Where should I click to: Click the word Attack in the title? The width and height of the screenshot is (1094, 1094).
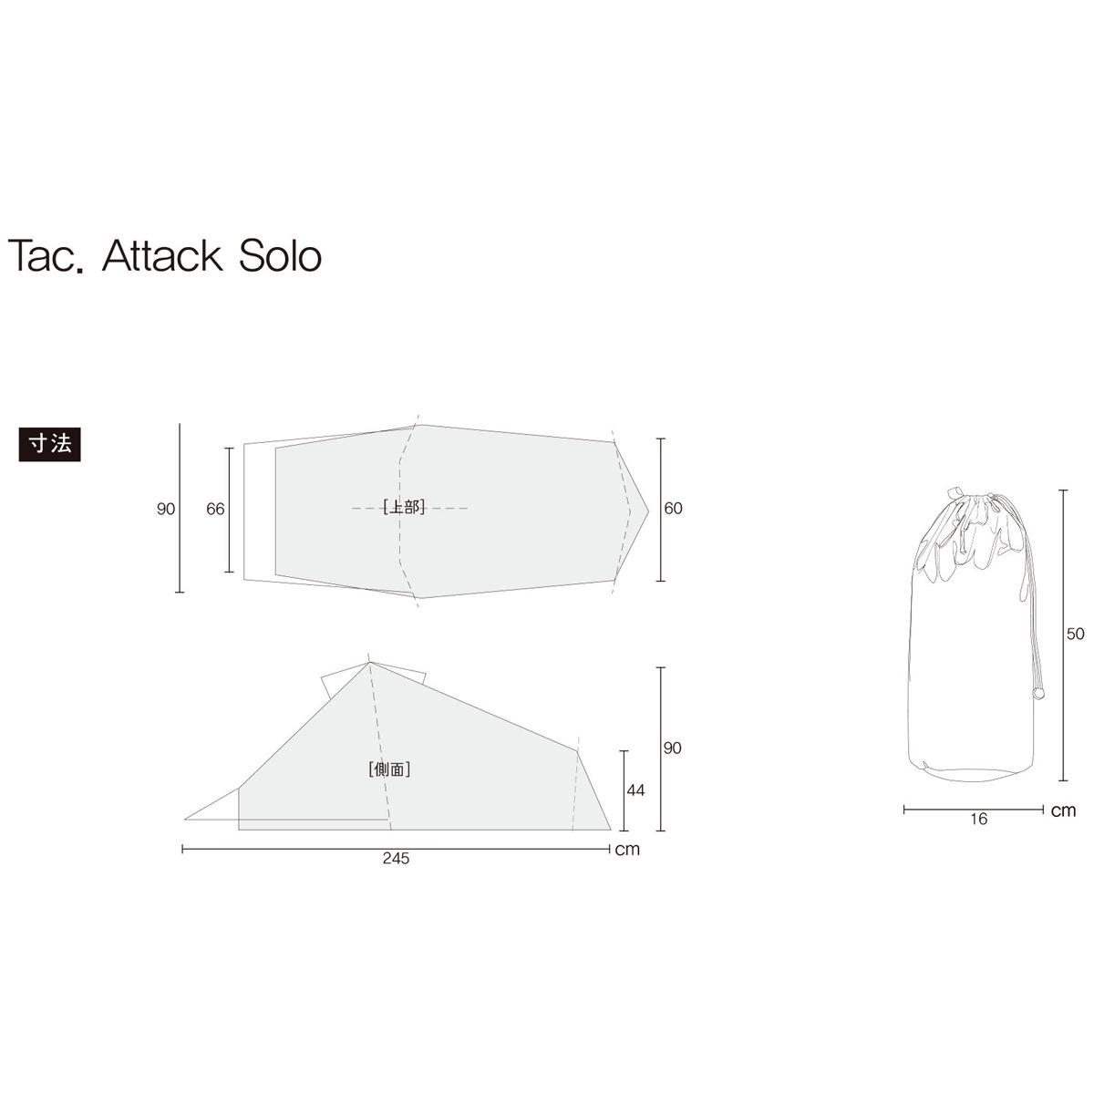click(162, 256)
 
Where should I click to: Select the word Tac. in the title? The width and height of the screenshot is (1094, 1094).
click(46, 256)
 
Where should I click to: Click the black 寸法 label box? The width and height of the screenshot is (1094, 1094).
click(50, 444)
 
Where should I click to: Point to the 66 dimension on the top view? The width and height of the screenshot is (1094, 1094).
click(215, 510)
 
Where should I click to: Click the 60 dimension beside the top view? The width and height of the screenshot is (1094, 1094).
click(673, 509)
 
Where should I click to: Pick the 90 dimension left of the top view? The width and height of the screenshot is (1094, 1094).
click(165, 510)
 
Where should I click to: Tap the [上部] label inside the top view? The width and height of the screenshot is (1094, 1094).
click(404, 508)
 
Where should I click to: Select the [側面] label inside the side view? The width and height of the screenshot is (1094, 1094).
click(389, 769)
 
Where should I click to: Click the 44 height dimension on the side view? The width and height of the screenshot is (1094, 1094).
click(635, 790)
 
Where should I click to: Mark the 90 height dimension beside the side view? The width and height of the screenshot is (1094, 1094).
click(673, 748)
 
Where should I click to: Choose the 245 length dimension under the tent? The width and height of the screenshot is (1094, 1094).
click(397, 859)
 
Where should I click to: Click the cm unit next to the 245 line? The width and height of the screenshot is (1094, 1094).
click(627, 850)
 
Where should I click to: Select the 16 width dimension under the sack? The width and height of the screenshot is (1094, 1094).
click(978, 819)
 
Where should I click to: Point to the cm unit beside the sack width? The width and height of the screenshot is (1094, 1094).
click(1063, 810)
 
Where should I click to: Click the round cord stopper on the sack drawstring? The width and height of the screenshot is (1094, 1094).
click(1037, 695)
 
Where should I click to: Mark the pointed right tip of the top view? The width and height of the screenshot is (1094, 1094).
click(648, 510)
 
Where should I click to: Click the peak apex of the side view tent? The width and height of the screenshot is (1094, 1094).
click(370, 663)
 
